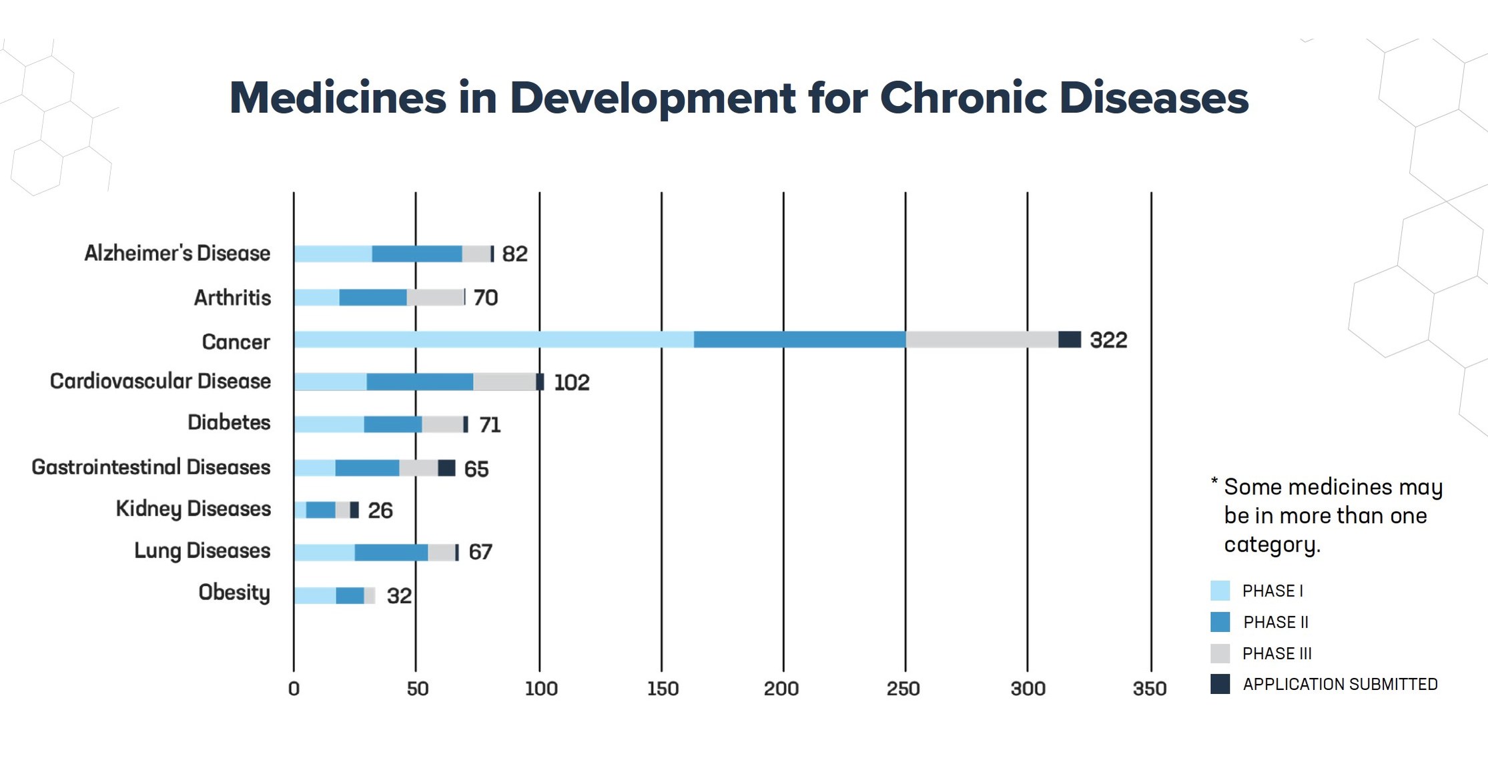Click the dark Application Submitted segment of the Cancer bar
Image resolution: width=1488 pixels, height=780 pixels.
[x=1069, y=339]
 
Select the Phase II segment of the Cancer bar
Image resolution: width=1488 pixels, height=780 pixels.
[x=799, y=339]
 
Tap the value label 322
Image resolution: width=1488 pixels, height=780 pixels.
[x=1108, y=340]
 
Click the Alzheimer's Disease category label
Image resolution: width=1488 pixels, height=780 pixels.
[x=177, y=254]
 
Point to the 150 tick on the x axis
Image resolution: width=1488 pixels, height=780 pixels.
[x=662, y=689]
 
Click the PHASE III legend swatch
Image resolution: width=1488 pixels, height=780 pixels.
[x=1220, y=653]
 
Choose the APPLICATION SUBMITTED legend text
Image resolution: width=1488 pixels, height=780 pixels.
[x=1340, y=685]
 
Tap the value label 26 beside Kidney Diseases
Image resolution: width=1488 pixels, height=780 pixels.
[x=380, y=510]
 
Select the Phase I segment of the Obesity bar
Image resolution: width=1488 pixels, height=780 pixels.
[x=314, y=595]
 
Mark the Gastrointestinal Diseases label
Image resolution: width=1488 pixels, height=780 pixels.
[x=151, y=467]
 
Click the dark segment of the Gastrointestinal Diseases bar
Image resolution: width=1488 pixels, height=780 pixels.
[x=446, y=468]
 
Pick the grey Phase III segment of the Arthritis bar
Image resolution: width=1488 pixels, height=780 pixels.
[x=435, y=298]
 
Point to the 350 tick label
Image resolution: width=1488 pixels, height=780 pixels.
[x=1149, y=689]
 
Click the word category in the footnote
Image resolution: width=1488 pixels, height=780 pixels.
[x=1272, y=545]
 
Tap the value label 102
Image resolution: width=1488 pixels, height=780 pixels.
[x=571, y=383]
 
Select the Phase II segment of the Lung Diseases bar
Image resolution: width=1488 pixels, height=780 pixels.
[x=391, y=552]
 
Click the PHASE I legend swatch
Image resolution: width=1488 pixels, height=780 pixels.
[x=1220, y=591]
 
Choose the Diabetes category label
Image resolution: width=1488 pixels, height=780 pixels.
[x=229, y=422]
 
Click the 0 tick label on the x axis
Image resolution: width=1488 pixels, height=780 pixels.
[x=294, y=689]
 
